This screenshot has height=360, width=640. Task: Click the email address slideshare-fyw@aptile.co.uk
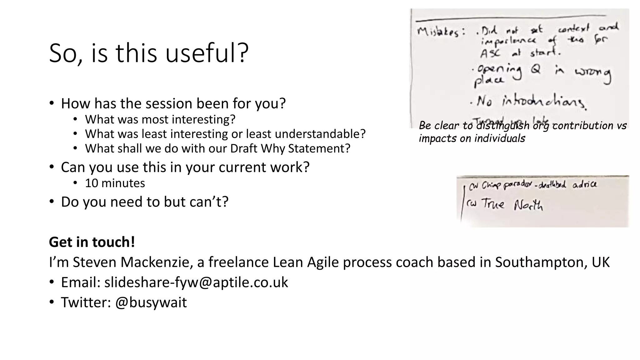click(x=196, y=282)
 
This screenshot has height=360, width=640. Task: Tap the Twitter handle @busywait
click(x=151, y=302)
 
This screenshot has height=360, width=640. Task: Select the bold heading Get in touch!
click(x=92, y=242)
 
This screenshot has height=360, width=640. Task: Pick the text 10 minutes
click(x=115, y=183)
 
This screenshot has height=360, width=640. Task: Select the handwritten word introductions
click(x=544, y=102)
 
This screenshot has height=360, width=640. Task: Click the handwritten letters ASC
click(x=490, y=53)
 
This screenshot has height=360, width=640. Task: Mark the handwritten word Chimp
click(x=491, y=185)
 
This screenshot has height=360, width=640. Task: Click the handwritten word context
click(x=574, y=29)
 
